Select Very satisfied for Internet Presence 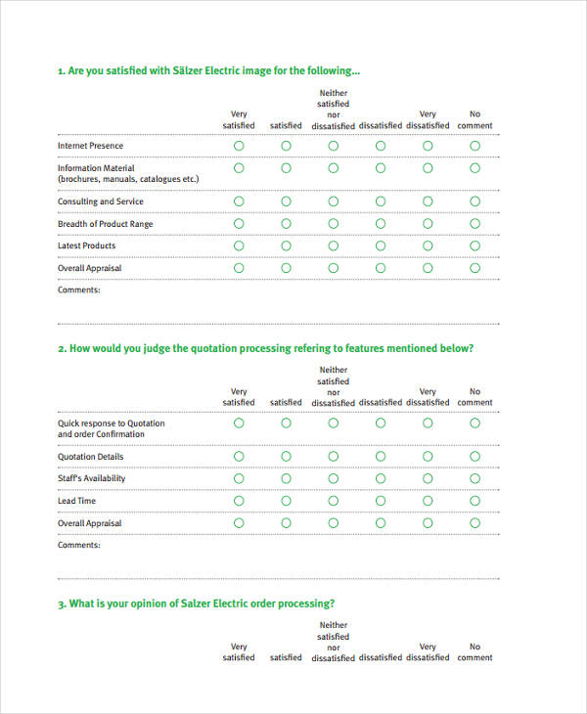coord(239,146)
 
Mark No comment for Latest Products coord(474,245)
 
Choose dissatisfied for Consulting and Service coord(380,201)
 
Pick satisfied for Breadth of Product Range coord(286,224)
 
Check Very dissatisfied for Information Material coord(428,168)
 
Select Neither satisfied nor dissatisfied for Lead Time coord(333,501)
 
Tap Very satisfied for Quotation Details coord(239,457)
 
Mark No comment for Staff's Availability coord(474,478)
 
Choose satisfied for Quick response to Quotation coord(286,424)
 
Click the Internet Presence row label coord(90,146)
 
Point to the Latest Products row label coord(86,245)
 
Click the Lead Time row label coord(76,501)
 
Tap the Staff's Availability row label coord(91,478)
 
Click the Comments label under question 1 coord(78,290)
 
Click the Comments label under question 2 coord(78,545)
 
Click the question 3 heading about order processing coord(196,602)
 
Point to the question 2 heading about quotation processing coord(265,348)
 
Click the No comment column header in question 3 coord(474,651)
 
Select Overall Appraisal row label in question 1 coord(89,268)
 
